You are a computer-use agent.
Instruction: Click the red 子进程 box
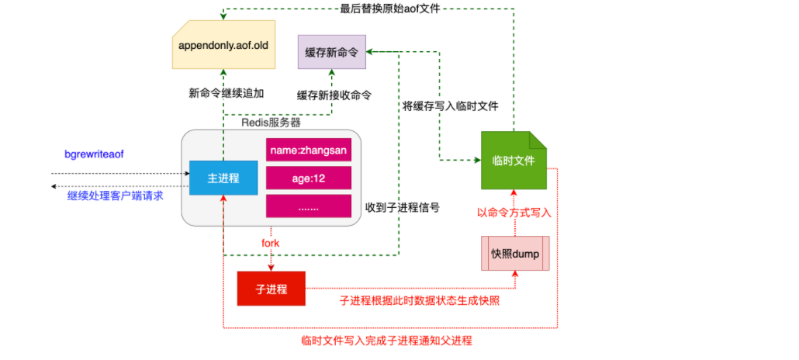tap(271, 289)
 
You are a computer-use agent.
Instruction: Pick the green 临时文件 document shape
tap(513, 161)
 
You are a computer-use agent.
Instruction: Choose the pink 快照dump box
tap(514, 254)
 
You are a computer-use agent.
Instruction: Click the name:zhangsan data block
tap(308, 150)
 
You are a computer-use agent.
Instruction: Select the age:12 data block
tap(308, 178)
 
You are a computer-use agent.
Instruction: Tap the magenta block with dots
tap(308, 206)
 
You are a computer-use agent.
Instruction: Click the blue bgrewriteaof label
tap(94, 154)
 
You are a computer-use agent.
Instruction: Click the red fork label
tap(270, 243)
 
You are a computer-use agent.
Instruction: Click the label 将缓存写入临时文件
tap(450, 106)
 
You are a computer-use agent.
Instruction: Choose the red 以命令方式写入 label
tap(514, 211)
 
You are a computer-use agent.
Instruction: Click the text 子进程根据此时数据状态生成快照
tap(419, 300)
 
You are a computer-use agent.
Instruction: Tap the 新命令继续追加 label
tap(227, 93)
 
